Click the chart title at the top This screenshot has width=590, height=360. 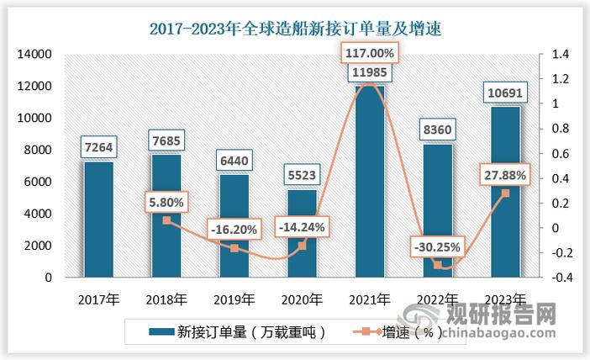(x=295, y=29)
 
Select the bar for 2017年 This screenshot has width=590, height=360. (x=97, y=219)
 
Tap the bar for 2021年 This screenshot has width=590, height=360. (x=370, y=181)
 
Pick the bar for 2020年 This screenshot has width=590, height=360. (x=303, y=233)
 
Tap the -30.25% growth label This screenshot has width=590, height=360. (x=437, y=246)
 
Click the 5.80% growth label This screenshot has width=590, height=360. (x=166, y=202)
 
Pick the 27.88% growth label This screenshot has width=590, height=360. (x=505, y=175)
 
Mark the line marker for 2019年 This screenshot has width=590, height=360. (x=234, y=248)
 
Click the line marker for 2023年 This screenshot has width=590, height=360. (x=505, y=193)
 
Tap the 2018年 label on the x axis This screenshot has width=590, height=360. (x=166, y=299)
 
